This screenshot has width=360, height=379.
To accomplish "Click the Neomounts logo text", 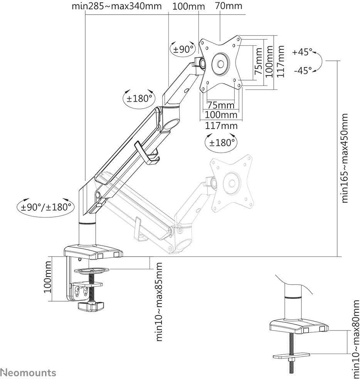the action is click(x=28, y=372).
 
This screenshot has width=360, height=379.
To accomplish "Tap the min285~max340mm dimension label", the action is click(x=117, y=6).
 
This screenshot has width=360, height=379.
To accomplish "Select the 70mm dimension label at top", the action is click(x=229, y=5).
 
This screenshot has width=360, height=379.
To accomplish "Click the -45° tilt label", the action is click(x=303, y=70).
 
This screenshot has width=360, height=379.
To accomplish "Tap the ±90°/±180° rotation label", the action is click(x=46, y=207).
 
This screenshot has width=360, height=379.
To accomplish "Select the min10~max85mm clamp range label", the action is click(x=159, y=302).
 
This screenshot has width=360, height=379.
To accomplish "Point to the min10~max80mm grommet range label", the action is click(x=355, y=339).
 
